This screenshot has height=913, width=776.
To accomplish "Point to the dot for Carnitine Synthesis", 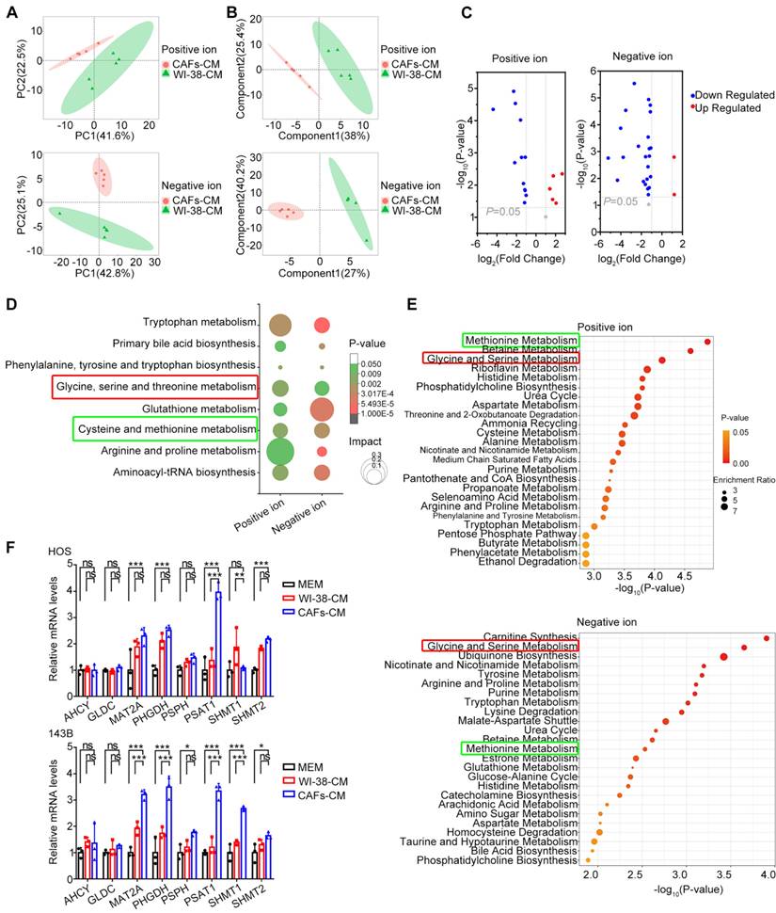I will [x=767, y=638].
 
